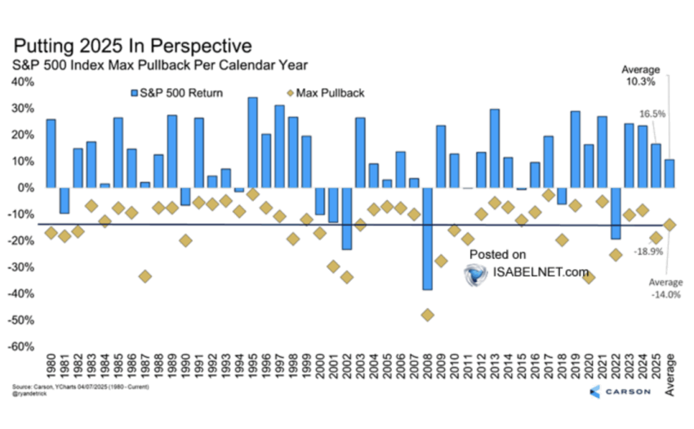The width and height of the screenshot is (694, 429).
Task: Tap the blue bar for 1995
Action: tap(252, 142)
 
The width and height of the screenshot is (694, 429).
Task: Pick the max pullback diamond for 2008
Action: tap(427, 315)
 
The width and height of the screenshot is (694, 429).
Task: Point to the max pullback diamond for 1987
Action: tap(145, 276)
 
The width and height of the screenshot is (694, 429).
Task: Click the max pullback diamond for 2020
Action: tap(588, 278)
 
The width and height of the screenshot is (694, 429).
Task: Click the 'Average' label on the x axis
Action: tap(670, 376)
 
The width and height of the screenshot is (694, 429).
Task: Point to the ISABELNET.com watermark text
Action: tap(541, 272)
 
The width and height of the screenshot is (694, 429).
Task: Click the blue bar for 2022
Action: tap(615, 213)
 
